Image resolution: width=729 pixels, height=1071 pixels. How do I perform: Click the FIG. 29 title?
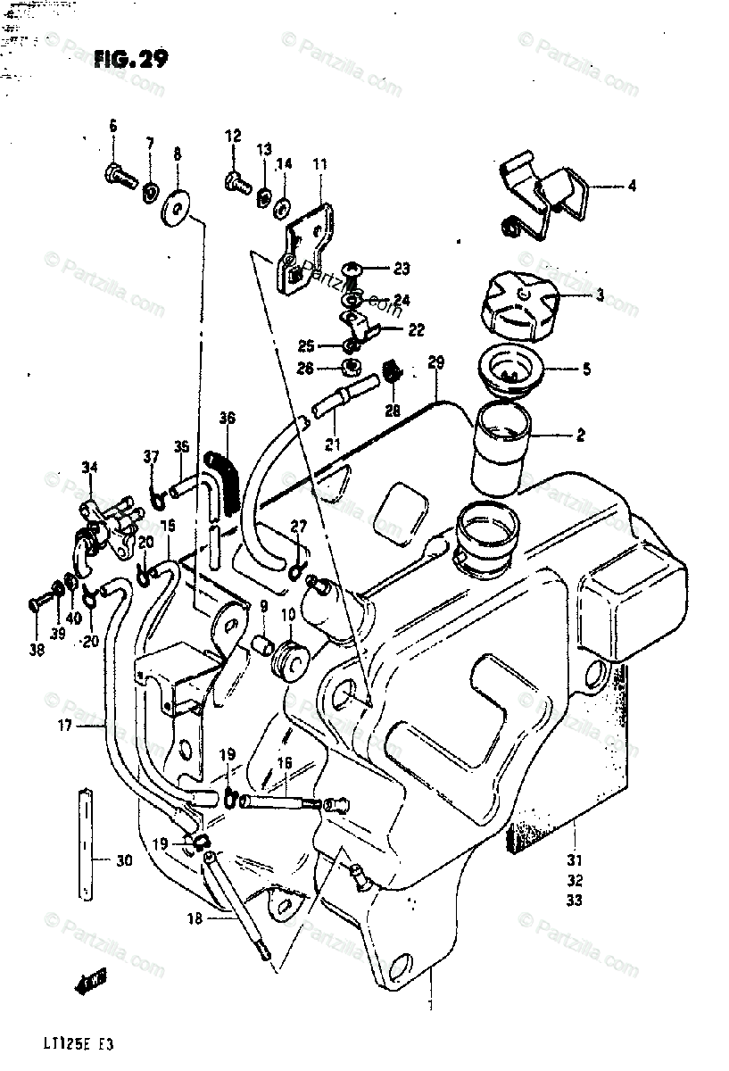pos(129,59)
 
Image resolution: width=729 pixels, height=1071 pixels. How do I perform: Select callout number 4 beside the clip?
pos(631,187)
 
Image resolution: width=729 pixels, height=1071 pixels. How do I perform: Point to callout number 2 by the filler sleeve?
pos(579,436)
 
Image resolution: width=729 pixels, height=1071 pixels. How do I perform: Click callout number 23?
pos(401,268)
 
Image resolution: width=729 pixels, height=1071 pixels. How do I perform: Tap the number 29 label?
pos(435,363)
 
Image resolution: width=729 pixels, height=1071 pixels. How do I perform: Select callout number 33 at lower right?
pos(574,901)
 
